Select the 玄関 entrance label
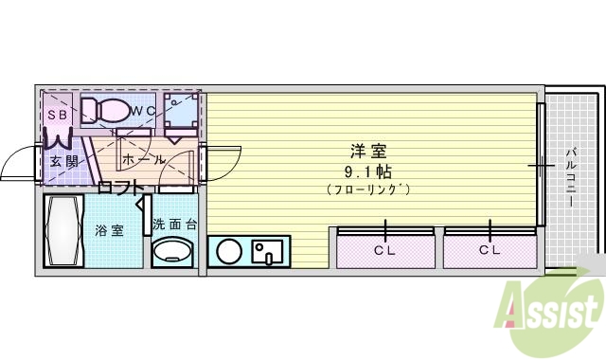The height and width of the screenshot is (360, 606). coord(63,160)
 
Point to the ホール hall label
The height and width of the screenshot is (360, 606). coord(143,159)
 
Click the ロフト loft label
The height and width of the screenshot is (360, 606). coord(122,187)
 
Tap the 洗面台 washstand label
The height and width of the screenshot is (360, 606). coord(175,225)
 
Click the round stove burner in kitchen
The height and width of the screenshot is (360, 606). coord(228,252)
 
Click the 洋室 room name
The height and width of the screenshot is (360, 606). coord(368,152)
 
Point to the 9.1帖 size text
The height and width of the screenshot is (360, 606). coord(368,171)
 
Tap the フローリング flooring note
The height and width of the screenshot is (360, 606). coord(368,189)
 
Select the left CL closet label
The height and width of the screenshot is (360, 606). coord(384,250)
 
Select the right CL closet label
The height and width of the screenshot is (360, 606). coord(490,250)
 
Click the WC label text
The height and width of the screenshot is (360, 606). coord(143,112)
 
